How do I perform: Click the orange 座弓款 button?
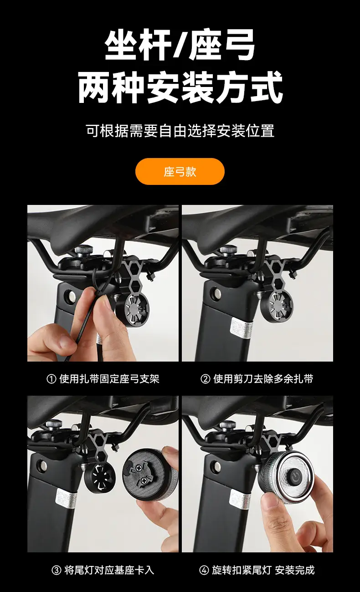[180, 171]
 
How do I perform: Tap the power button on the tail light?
[294, 476]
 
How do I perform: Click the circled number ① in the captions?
[51, 379]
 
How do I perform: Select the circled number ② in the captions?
[205, 379]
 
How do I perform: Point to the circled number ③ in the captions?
[57, 570]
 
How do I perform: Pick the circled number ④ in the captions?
[204, 570]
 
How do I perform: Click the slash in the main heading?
[180, 45]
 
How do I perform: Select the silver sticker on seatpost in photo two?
[242, 328]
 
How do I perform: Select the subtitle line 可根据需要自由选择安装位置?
[180, 131]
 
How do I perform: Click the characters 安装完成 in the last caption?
[294, 570]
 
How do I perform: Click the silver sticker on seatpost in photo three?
[67, 499]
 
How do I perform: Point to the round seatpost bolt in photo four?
[217, 467]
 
